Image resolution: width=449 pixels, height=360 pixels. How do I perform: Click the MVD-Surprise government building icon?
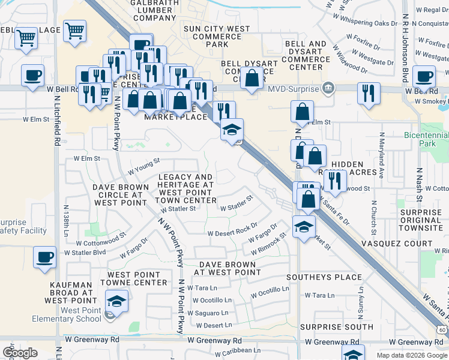[328, 89]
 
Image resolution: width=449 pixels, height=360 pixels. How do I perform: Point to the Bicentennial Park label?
[427, 140]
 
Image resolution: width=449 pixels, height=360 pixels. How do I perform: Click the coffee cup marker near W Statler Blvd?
[44, 257]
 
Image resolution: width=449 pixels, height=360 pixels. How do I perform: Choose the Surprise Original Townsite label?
[421, 220]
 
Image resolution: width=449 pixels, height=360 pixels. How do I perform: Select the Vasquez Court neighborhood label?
[396, 244]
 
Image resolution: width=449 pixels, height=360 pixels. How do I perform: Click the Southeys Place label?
[324, 277]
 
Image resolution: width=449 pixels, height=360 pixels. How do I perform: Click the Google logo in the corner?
[20, 353]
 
